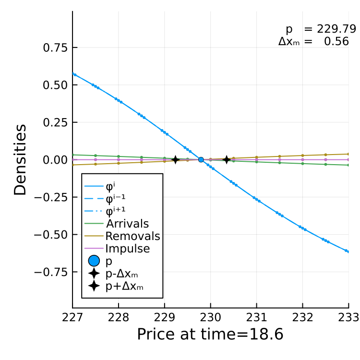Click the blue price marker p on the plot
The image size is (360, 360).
coord(201,159)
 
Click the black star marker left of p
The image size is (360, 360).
coord(175,159)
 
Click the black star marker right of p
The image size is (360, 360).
coord(227,159)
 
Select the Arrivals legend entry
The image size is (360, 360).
coord(117,223)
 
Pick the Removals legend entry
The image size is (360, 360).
coord(122,236)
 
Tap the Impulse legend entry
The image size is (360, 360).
coord(117,249)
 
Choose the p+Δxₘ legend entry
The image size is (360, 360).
coord(116,286)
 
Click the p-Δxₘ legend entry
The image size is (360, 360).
coord(113,274)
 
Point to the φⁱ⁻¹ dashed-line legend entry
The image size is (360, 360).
coord(105,199)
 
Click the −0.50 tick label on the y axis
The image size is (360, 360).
coord(51,235)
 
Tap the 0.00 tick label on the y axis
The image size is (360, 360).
coord(55,160)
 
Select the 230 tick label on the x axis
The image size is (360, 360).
coord(211,318)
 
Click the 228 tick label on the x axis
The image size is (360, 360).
coord(119,318)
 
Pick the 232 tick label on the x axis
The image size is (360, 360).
coord(302,318)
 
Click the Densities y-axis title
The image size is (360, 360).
coord(20,160)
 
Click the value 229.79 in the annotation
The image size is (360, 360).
coord(336,29)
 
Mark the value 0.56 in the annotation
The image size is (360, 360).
coord(336,41)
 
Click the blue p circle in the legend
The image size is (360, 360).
coord(94,261)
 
